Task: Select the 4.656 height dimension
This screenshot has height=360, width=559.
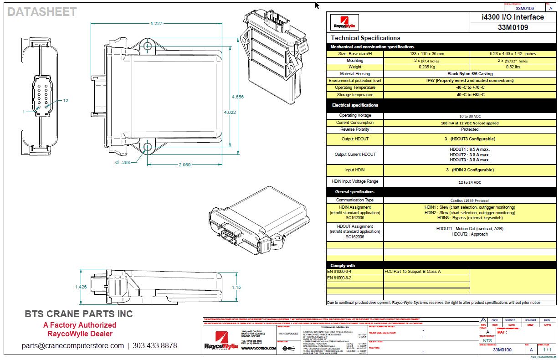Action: click(237, 97)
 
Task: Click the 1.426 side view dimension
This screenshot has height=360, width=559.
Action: click(81, 287)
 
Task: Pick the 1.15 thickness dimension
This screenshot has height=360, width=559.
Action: click(236, 287)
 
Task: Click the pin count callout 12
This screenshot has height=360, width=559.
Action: click(65, 100)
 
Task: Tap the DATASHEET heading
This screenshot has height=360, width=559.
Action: click(42, 12)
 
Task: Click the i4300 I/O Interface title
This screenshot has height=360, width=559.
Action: click(513, 17)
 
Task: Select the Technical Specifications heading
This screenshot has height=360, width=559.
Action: click(365, 38)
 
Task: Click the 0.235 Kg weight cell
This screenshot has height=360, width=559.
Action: click(426, 67)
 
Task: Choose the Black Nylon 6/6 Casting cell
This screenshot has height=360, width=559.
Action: click(470, 74)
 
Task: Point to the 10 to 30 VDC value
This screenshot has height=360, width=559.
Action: click(470, 116)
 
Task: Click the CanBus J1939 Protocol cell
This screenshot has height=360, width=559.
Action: click(470, 200)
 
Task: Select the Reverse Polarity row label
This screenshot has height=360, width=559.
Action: click(355, 130)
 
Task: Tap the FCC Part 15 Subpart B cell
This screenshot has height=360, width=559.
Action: click(413, 272)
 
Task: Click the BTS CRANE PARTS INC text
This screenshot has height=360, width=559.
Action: click(78, 314)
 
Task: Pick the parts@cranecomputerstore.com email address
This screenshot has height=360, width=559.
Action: click(72, 345)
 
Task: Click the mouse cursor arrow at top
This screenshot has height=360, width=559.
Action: click(317, 5)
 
